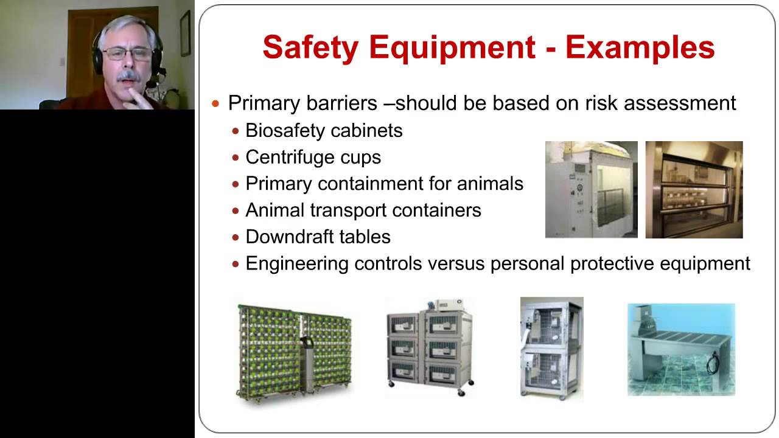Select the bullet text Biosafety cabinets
point(324,130)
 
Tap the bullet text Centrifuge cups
point(313,157)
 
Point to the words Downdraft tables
point(318,237)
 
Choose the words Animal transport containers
point(363,210)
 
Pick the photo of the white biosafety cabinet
point(591,189)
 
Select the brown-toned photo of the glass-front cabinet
point(694,189)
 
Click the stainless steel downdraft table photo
point(681,350)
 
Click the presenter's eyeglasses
point(127,54)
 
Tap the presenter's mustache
point(128,76)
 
